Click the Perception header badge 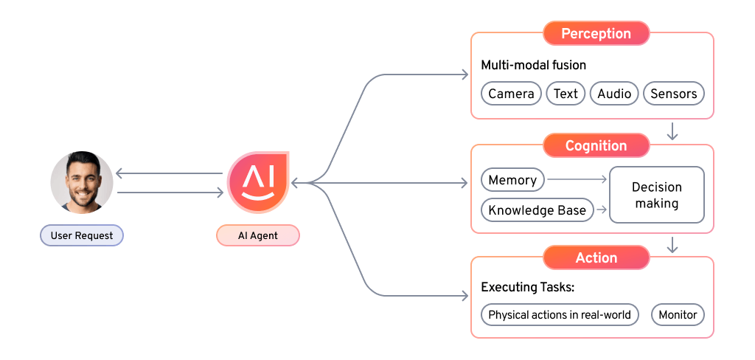tap(596, 34)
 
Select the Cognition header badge tap(596, 146)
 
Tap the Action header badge tap(596, 258)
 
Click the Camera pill tap(511, 94)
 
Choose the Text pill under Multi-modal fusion tap(566, 94)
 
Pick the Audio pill tap(614, 94)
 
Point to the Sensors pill tap(673, 94)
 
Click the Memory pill tap(512, 180)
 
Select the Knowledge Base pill tap(537, 210)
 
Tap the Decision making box tap(656, 195)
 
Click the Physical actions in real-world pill tap(560, 315)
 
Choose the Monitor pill tap(678, 315)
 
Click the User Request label tap(82, 236)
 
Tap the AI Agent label tap(257, 236)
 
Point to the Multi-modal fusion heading tap(533, 65)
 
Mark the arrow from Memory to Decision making tap(577, 180)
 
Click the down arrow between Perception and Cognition tap(672, 132)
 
